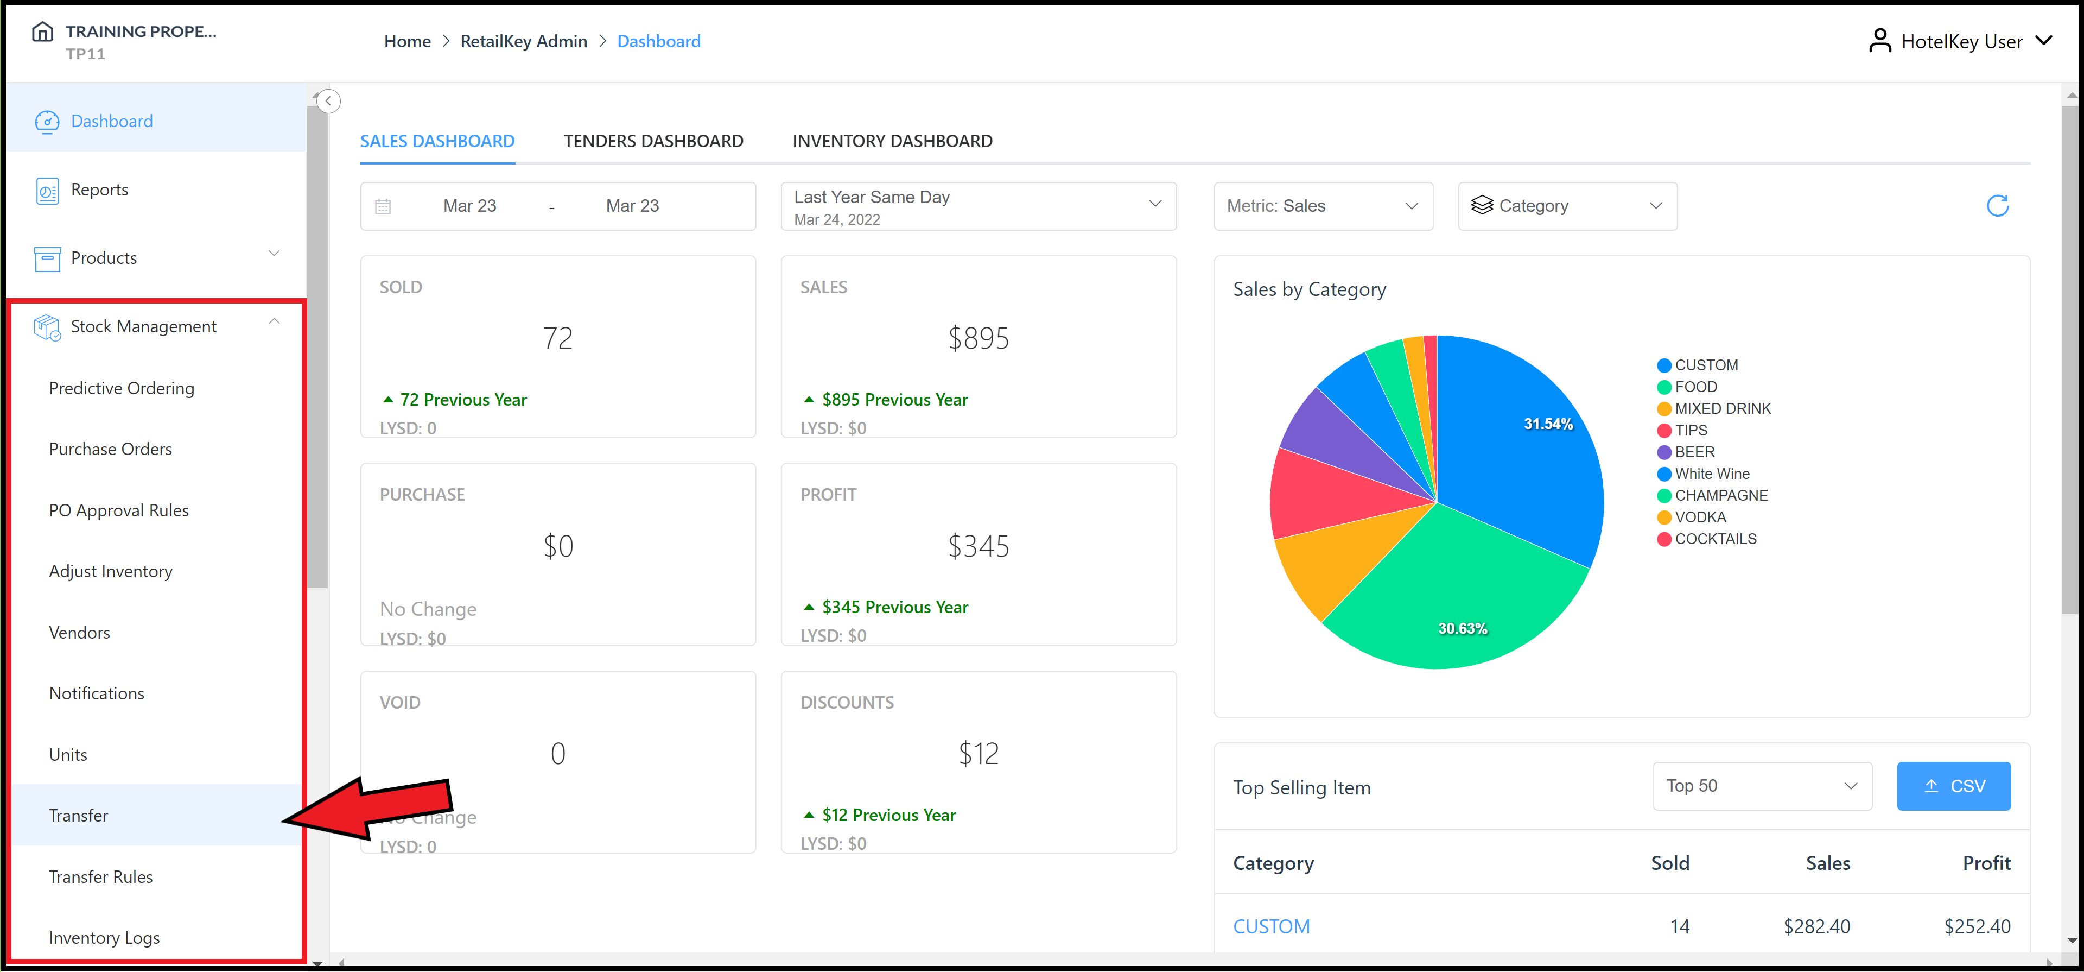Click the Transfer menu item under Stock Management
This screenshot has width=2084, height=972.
coord(79,815)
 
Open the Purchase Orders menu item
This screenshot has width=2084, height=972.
coord(110,449)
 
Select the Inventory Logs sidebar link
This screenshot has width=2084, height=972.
coord(104,937)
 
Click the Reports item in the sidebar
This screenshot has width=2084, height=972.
coord(99,190)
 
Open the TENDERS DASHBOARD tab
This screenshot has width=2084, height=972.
coord(653,141)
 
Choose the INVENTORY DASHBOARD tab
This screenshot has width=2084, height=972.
coord(892,141)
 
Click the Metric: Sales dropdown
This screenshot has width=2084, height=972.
coord(1323,206)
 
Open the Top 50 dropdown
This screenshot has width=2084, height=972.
coord(1761,786)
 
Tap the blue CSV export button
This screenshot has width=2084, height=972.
coord(1953,786)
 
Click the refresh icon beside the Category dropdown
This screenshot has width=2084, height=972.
coord(1997,206)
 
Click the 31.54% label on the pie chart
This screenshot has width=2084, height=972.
coord(1548,424)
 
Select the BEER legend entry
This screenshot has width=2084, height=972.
coord(1694,452)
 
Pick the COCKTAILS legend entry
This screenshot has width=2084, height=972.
coord(1715,539)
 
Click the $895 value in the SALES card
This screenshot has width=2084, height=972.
coord(978,338)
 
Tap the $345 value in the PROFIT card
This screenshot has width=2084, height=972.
coord(978,546)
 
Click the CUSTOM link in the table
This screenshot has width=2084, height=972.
coord(1271,927)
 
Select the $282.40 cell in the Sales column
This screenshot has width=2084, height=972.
coord(1816,927)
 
